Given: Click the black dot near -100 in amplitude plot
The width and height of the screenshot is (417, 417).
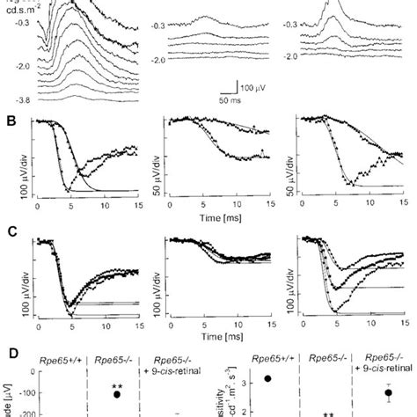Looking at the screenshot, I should (115, 393).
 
